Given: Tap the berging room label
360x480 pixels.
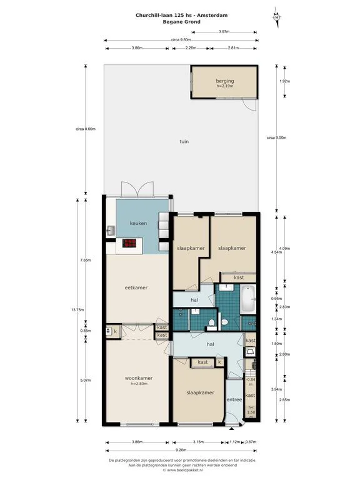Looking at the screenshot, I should pos(224,81).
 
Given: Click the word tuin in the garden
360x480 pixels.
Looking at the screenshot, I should pos(184,141).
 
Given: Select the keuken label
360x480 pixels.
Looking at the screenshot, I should pos(138,223).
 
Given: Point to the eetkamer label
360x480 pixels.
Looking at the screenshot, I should pos(136,287).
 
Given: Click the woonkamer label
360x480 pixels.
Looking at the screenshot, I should pos(139,378).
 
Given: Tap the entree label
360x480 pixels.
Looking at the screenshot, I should pos(234,399).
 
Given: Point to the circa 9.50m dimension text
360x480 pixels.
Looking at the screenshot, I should pos(181,39).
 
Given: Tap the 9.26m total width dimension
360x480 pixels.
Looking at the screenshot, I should pos(180,450).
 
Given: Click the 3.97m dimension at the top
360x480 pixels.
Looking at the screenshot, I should pos(223,31).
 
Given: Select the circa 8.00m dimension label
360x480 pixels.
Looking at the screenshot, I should pos(85,129).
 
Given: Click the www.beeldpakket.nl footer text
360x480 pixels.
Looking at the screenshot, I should pos(182,471).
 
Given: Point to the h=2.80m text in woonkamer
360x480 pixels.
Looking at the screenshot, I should pos(139,384).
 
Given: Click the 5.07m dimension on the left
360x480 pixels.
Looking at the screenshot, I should pos(85,379).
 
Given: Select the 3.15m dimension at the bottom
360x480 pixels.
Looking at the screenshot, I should pos(199,442).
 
